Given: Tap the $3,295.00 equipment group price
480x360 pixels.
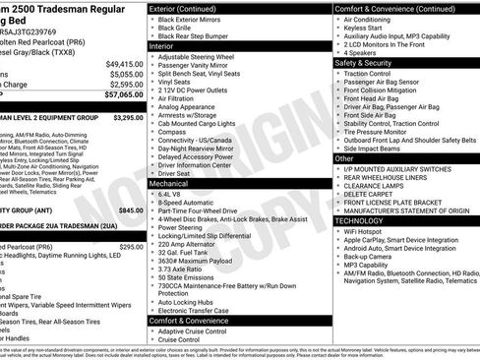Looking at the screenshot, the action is click(123, 117).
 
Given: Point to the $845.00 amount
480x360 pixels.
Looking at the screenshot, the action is click(129, 210).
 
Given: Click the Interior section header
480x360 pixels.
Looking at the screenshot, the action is click(161, 46).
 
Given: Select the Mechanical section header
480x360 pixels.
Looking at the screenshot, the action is click(169, 183).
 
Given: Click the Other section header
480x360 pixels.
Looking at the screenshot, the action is click(344, 157).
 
